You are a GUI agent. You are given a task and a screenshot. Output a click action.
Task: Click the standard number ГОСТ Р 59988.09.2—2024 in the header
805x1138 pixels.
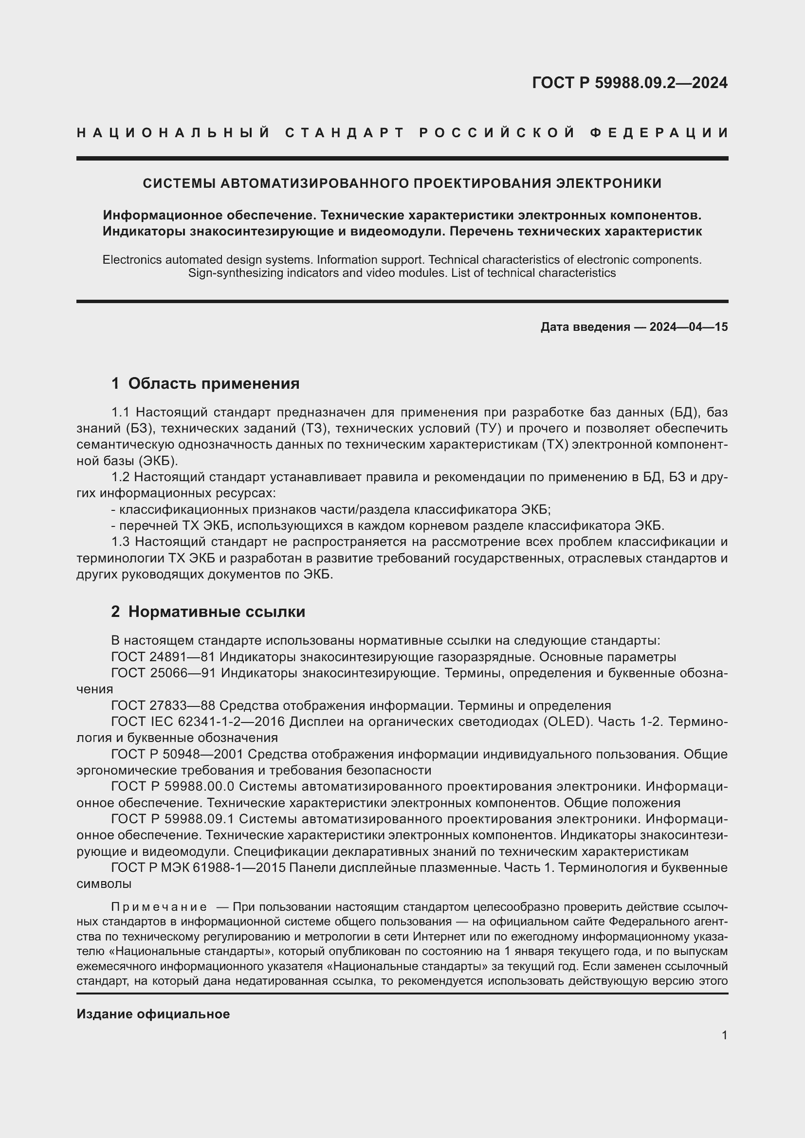pyautogui.click(x=629, y=83)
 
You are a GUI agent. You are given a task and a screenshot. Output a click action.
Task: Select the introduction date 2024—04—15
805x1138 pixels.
pyautogui.click(x=689, y=327)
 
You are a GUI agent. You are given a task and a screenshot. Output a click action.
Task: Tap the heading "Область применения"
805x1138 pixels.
pyautogui.click(x=214, y=383)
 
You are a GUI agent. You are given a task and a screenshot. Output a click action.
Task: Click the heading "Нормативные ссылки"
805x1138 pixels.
pyautogui.click(x=217, y=612)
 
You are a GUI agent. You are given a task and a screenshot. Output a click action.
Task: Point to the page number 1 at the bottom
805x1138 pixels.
pyautogui.click(x=725, y=1035)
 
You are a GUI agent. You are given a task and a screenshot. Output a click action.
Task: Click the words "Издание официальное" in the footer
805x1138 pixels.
pyautogui.click(x=153, y=1014)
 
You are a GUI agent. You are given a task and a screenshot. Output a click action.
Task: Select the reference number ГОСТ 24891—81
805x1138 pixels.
pyautogui.click(x=163, y=657)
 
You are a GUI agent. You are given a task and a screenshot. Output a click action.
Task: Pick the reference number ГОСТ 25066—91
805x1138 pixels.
pyautogui.click(x=164, y=673)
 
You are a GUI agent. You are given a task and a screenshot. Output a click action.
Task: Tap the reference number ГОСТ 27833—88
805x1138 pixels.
pyautogui.click(x=163, y=706)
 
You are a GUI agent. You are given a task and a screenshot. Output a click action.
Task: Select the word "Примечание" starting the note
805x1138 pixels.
pyautogui.click(x=159, y=907)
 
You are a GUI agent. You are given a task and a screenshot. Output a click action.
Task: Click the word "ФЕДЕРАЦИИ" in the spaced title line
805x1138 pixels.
pyautogui.click(x=659, y=133)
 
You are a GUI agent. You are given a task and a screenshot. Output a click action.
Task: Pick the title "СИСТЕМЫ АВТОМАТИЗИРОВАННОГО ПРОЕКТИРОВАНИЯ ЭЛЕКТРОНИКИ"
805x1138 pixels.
pyautogui.click(x=402, y=183)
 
